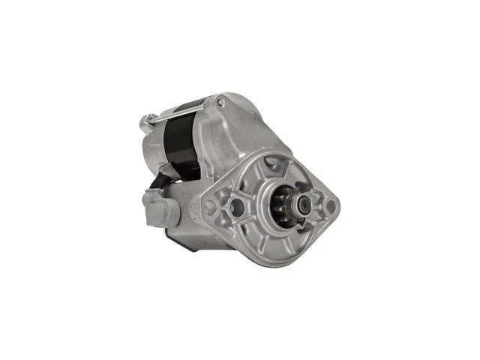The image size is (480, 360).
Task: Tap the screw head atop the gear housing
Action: click(x=220, y=100)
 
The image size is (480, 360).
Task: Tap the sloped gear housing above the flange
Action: click(x=247, y=135)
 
